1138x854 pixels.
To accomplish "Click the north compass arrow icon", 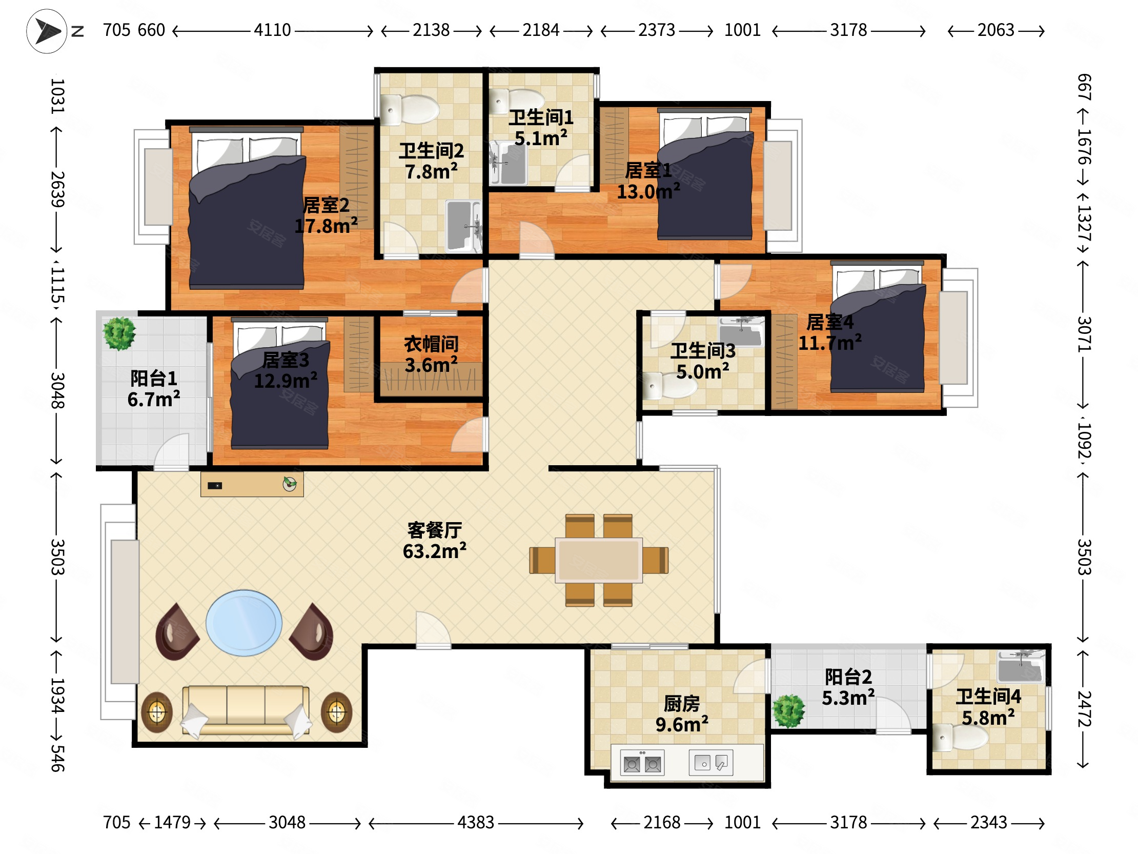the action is pyautogui.click(x=47, y=31).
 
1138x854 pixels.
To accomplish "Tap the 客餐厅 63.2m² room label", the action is pyautogui.click(x=435, y=541).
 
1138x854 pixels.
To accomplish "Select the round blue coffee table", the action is pyautogui.click(x=244, y=623).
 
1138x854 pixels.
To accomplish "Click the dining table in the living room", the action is pyautogui.click(x=599, y=560).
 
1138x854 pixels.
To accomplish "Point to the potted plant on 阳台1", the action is pyautogui.click(x=119, y=333).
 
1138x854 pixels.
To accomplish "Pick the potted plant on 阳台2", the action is pyautogui.click(x=789, y=711).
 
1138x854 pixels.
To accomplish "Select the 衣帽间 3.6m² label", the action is pyautogui.click(x=431, y=354).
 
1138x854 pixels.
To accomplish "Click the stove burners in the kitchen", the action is pyautogui.click(x=642, y=763).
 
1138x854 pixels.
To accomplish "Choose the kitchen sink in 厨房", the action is pyautogui.click(x=711, y=762).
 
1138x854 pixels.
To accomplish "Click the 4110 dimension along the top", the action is pyautogui.click(x=272, y=30).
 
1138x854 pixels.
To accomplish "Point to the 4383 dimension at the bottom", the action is pyautogui.click(x=476, y=823).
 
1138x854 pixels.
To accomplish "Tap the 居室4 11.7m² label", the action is pyautogui.click(x=830, y=332).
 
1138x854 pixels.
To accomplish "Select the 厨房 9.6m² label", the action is pyautogui.click(x=682, y=714).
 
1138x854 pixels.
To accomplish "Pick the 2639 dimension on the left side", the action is pyautogui.click(x=57, y=189).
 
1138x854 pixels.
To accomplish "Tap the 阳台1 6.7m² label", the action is pyautogui.click(x=154, y=389).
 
